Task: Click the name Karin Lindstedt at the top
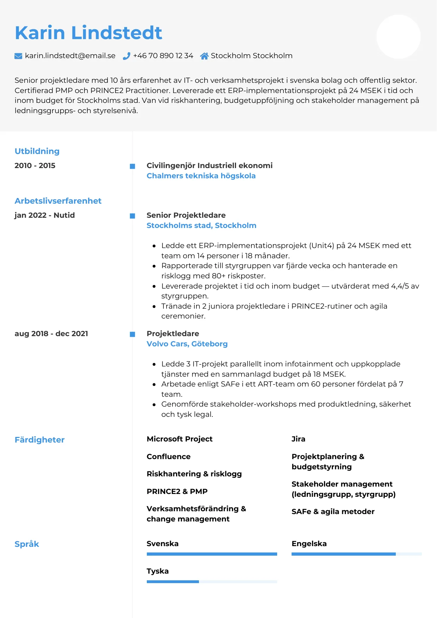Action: tap(88, 33)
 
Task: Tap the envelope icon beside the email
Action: tap(18, 56)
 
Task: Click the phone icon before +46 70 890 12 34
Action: tap(126, 56)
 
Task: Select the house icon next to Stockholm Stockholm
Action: tap(204, 56)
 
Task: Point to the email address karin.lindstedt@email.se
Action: tap(70, 56)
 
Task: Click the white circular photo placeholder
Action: tap(398, 37)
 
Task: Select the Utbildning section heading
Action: tap(37, 151)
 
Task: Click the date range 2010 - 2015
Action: tap(35, 166)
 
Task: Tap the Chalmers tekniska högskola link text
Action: tap(201, 176)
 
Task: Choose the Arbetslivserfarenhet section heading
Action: tap(58, 201)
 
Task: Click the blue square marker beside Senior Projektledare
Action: tap(132, 216)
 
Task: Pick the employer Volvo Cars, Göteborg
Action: tap(187, 344)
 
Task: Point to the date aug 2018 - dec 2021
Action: tap(51, 334)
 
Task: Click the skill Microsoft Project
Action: tap(180, 439)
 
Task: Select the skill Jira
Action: tap(298, 439)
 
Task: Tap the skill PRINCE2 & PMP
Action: tap(177, 492)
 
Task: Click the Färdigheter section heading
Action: tap(39, 440)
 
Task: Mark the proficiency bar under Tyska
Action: tap(212, 582)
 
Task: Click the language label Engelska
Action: tap(309, 544)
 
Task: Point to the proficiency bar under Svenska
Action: tap(212, 554)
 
